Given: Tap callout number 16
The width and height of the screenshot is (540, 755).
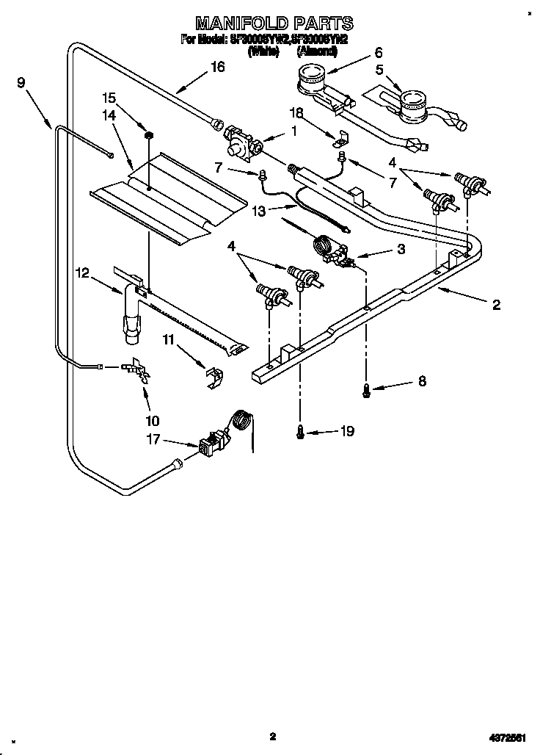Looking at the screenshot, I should (217, 67).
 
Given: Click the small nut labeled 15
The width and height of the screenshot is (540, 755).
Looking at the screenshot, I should (147, 135).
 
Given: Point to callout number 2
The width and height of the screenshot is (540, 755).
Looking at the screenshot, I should (496, 305).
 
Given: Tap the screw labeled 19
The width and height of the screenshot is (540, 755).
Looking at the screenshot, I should (299, 433).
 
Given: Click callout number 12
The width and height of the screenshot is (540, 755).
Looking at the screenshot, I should (83, 273).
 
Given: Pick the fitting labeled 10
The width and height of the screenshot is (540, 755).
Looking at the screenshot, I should (136, 371).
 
